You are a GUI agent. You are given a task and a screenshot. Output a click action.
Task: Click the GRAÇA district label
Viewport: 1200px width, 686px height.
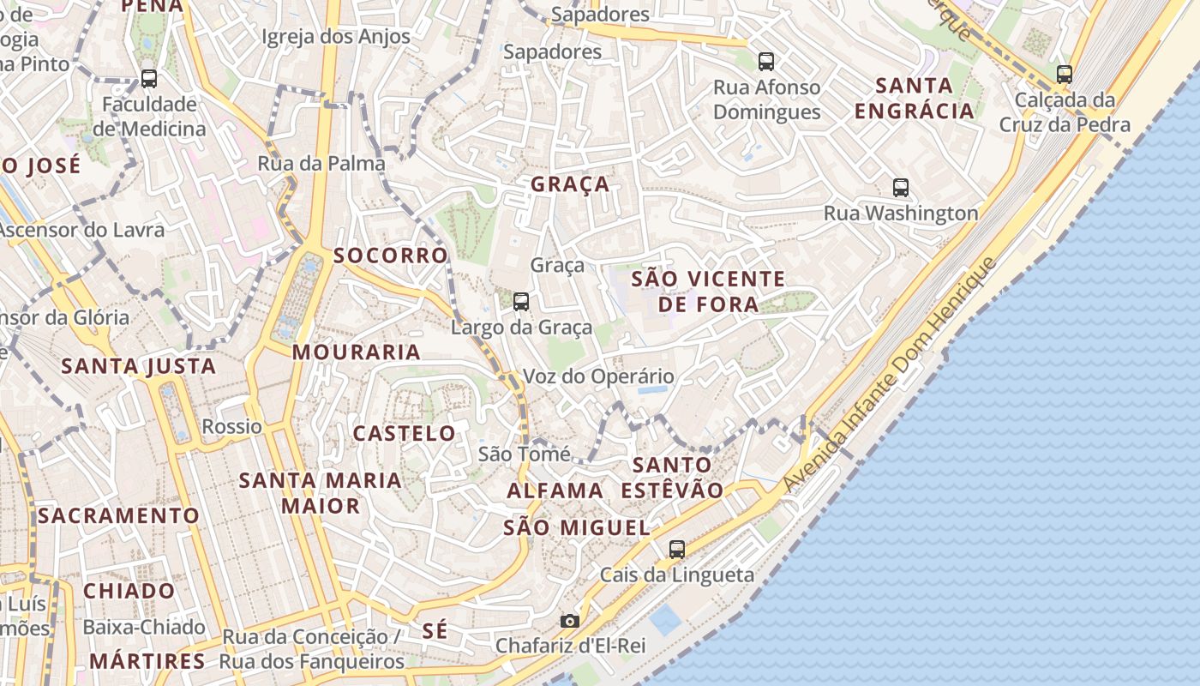(570, 184)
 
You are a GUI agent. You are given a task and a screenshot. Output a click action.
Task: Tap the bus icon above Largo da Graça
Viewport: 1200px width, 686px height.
(521, 302)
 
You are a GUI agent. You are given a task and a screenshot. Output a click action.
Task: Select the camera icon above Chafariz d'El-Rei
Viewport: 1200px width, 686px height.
(569, 621)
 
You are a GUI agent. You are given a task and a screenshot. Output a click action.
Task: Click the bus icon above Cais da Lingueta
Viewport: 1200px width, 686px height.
(677, 550)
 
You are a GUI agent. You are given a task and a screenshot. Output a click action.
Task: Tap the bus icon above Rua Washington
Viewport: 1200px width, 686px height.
(901, 188)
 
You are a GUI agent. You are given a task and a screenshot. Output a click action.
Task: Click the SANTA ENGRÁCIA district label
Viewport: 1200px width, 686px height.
(915, 98)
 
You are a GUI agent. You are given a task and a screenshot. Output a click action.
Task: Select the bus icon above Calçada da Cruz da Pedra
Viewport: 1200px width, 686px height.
(1065, 75)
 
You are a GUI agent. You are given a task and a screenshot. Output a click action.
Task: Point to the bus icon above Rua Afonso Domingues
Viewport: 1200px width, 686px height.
(766, 62)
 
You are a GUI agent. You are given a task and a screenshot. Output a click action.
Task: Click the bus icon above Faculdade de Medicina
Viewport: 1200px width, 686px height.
(149, 79)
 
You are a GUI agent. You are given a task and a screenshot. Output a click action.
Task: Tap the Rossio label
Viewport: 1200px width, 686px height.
(231, 426)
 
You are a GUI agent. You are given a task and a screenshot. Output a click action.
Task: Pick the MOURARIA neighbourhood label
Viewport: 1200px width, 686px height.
(357, 352)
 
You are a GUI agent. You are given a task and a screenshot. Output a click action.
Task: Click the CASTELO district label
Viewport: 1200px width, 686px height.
(405, 433)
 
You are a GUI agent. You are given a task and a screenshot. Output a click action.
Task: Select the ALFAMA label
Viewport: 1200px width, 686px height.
(555, 491)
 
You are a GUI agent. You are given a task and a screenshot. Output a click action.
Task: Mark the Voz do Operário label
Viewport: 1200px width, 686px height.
(598, 376)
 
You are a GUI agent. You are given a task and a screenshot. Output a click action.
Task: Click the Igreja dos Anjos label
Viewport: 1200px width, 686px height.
(336, 37)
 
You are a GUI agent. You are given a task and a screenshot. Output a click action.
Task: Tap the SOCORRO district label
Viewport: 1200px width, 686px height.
(391, 256)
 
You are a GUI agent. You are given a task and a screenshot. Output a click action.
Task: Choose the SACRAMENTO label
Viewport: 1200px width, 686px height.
(118, 516)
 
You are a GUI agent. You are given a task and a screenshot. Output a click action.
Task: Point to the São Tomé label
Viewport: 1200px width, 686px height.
(524, 454)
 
